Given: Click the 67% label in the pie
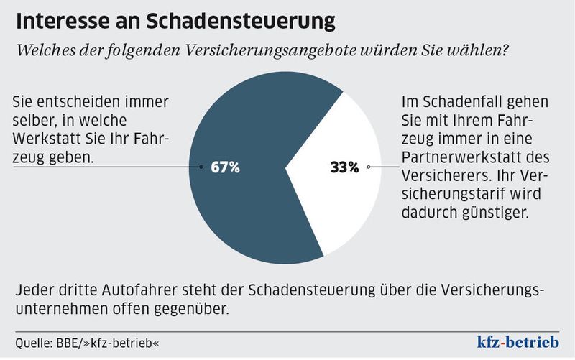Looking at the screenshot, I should (x=225, y=167).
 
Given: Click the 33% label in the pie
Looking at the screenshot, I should (x=344, y=167).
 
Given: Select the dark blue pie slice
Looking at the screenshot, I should (x=244, y=129).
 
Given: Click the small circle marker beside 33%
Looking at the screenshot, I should (x=369, y=167).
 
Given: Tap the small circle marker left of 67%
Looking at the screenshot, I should (x=201, y=167).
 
